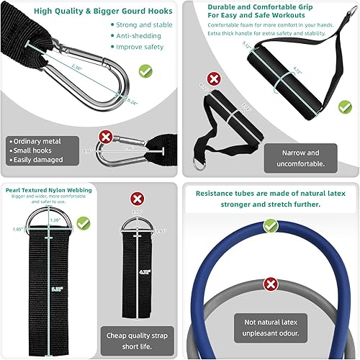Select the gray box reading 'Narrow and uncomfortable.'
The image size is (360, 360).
[x=302, y=158]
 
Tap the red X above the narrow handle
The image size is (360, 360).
[x=213, y=78]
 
